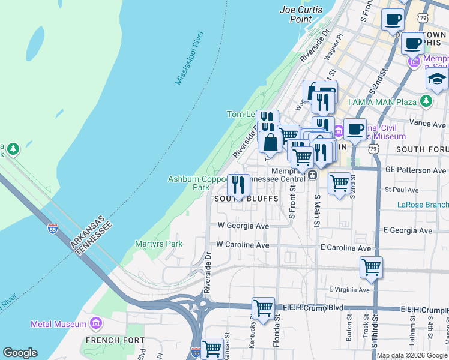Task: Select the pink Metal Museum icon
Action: click(95, 324)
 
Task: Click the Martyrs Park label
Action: click(158, 244)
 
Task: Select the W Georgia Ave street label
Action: click(243, 226)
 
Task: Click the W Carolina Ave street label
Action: click(243, 245)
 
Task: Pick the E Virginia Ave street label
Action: click(350, 289)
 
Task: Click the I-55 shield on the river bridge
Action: click(52, 228)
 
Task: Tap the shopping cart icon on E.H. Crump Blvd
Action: click(263, 308)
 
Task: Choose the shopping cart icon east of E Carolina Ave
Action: click(371, 268)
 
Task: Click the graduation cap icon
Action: click(437, 80)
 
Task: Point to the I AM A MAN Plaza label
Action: click(381, 102)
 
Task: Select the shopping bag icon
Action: click(270, 143)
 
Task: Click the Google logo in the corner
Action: click(20, 353)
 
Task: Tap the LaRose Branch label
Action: click(423, 205)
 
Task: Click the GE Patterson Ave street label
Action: click(416, 170)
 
